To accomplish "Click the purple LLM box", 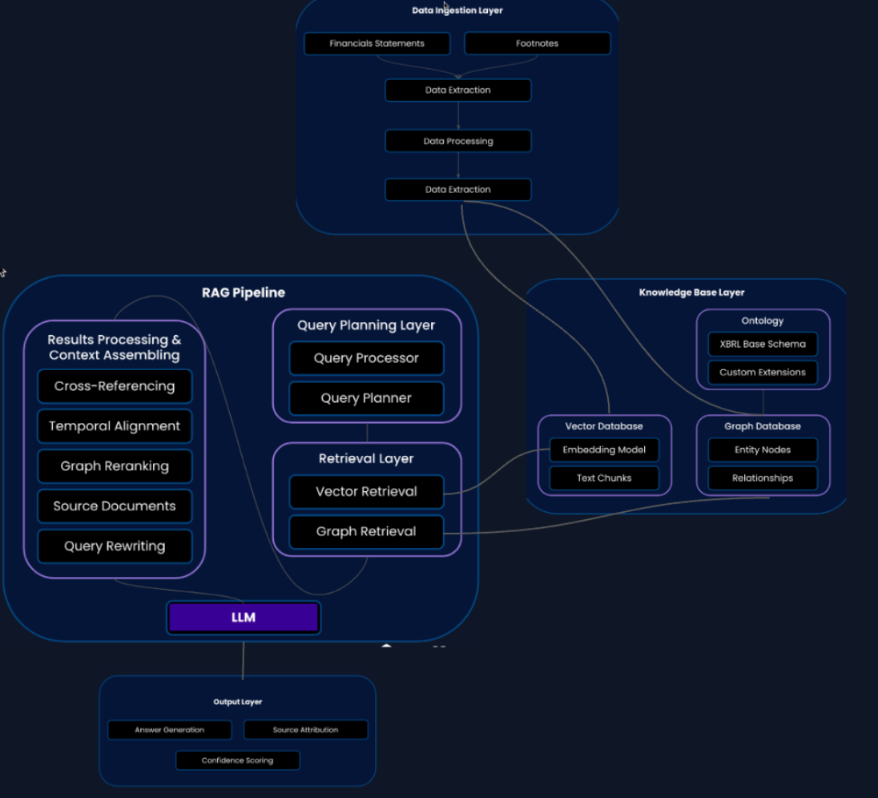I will (243, 618).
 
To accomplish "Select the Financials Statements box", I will (377, 43).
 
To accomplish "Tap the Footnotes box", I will (537, 43).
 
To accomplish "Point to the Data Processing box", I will (457, 141).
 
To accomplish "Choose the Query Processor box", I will (366, 358).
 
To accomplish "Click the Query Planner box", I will (366, 398).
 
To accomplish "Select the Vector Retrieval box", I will (366, 491).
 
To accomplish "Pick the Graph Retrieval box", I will (366, 531).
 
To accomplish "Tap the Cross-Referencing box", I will (115, 386).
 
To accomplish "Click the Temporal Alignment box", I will (115, 426).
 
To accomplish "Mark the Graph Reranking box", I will (115, 466).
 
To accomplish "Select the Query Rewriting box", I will (115, 546).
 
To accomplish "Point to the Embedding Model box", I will (604, 449).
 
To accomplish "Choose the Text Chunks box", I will (604, 478).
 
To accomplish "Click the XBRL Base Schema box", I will (762, 344).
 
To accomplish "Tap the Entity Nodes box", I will (762, 449).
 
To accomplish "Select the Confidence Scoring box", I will (237, 760).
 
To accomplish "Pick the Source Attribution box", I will (305, 730).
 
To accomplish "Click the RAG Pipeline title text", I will (243, 292).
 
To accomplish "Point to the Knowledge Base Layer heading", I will (691, 292).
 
